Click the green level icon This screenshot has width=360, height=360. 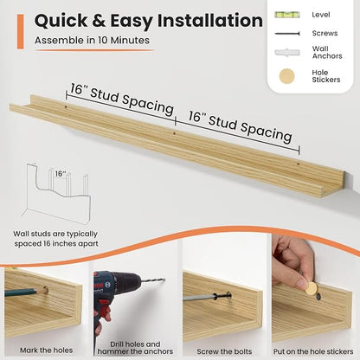pos(287,15)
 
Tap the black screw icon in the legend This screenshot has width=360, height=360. pos(287,34)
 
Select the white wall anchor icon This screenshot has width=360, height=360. pos(287,53)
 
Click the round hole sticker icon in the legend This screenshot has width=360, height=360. pos(287,76)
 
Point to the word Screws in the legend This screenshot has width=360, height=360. pos(325,33)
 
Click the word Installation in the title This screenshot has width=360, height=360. pos(209,21)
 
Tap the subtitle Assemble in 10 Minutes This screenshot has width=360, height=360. pos(92,40)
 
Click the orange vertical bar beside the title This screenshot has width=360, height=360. pos(20,32)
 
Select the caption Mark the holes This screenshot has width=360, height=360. pos(46,350)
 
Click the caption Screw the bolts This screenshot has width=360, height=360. pos(224,351)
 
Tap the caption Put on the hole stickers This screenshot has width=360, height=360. pos(313,351)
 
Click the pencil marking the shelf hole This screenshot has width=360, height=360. pos(26,292)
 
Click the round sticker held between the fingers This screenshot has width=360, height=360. pos(311,288)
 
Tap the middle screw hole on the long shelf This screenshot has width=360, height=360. pos(174,133)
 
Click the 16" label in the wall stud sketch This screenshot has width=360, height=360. pos(61,174)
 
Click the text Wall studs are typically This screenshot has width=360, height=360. pos(55,234)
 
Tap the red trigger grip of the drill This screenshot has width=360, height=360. pos(102,309)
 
